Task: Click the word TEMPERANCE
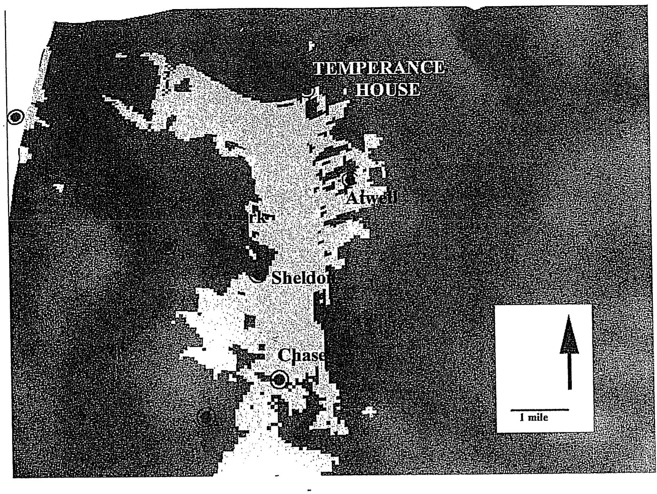pyautogui.click(x=379, y=68)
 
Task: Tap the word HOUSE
pyautogui.click(x=388, y=90)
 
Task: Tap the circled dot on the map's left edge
pyautogui.click(x=16, y=117)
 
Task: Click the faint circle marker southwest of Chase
pyautogui.click(x=206, y=418)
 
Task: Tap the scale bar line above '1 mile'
pyautogui.click(x=540, y=410)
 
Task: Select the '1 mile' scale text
pyautogui.click(x=534, y=418)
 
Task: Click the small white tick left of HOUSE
pyautogui.click(x=345, y=91)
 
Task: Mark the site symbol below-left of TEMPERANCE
pyautogui.click(x=308, y=91)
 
